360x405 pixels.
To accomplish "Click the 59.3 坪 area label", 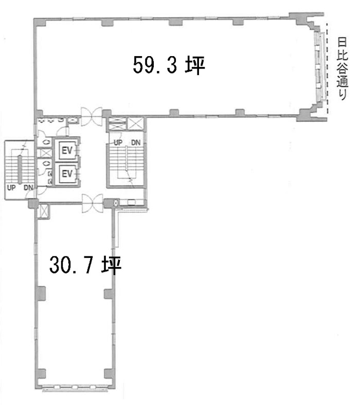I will (x=169, y=65).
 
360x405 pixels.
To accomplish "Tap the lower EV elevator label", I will (x=66, y=174).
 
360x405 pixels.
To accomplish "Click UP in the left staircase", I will (x=11, y=187).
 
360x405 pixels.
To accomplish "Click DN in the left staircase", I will (x=28, y=187).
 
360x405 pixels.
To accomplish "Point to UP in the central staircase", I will (x=118, y=143).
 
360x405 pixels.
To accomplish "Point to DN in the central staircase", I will (x=135, y=143).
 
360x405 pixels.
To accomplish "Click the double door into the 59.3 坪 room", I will (x=92, y=115).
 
